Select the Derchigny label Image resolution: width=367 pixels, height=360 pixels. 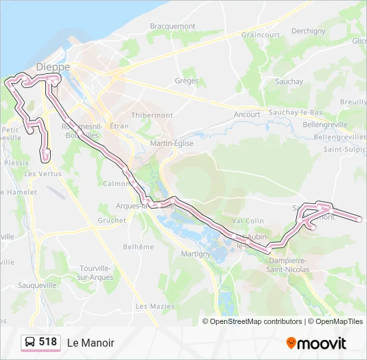point(308,31)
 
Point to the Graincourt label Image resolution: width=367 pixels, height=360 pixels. point(261,35)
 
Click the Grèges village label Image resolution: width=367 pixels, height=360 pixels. point(187,81)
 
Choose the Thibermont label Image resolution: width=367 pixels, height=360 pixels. point(152,115)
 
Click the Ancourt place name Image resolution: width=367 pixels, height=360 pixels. point(248,114)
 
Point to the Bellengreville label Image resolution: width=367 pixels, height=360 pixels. point(325,125)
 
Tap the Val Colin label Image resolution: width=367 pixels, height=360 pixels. point(248,221)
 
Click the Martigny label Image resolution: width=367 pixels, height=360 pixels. point(196,254)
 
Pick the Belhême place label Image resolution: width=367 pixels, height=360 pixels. point(138,247)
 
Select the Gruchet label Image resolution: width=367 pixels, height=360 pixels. point(111,220)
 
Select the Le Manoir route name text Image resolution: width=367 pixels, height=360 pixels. point(91,343)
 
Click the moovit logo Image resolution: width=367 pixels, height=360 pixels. point(316,343)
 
